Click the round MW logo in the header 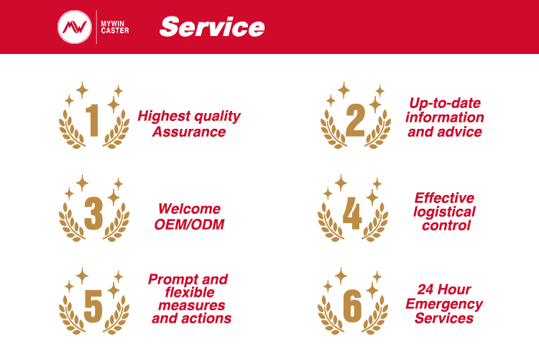coord(75,27)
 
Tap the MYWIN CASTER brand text coord(115,27)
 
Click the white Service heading coord(212,27)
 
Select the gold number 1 coord(93,120)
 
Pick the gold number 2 coord(355,120)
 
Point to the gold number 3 coord(93,213)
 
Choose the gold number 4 coord(352,213)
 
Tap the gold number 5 coord(93,306)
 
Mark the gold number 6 coord(352,306)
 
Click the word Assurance coord(189,132)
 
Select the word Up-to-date coord(445,103)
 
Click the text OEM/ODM coord(190,225)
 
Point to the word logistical coord(444,212)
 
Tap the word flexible coord(190,292)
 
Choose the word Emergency coord(444,304)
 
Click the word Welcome coord(190,209)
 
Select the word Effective coord(444,198)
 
